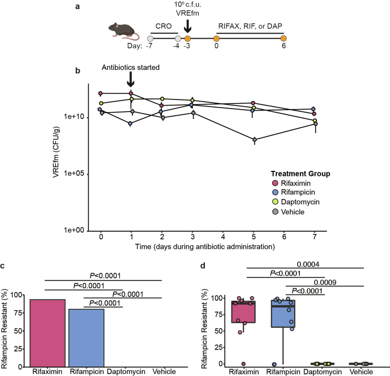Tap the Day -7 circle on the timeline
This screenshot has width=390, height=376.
(150, 38)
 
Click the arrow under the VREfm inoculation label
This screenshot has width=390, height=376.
(188, 25)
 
